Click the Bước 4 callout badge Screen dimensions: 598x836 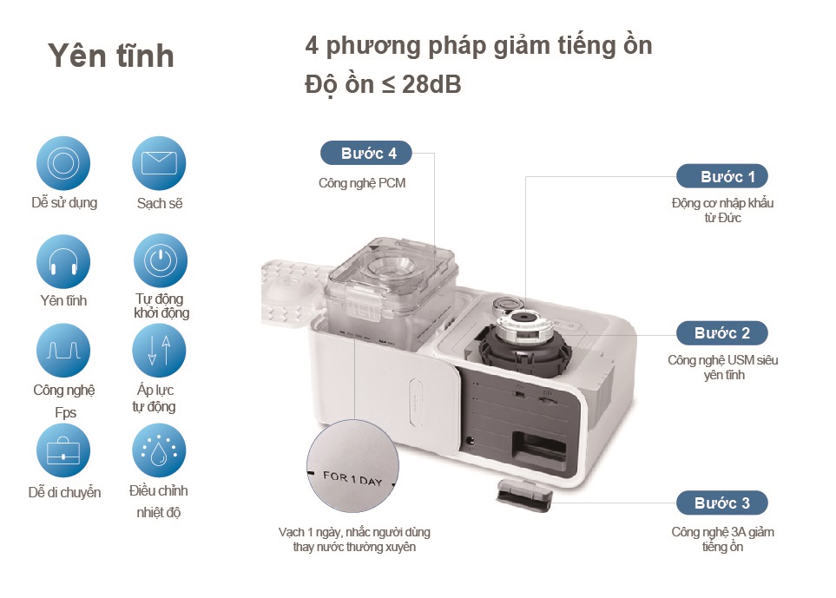(x=365, y=153)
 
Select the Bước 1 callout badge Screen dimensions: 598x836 (x=721, y=176)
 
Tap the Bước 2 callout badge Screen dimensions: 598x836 (x=721, y=332)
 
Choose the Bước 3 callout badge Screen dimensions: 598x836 (x=721, y=503)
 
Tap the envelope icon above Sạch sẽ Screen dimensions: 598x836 (x=160, y=163)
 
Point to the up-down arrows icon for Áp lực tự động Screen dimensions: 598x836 (x=160, y=351)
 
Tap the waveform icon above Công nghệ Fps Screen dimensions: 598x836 (x=63, y=351)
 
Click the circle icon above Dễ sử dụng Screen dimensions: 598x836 (x=63, y=163)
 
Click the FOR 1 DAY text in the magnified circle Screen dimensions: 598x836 (x=352, y=476)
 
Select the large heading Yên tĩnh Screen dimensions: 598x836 (x=111, y=56)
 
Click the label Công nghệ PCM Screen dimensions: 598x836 (x=362, y=183)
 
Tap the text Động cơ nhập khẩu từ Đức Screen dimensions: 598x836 (x=722, y=210)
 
